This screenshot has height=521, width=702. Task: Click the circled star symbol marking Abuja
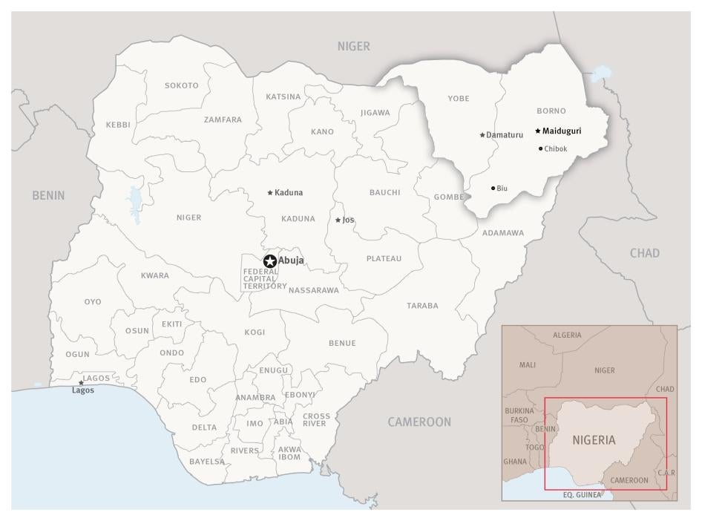pos(270,260)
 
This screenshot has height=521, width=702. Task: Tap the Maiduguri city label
pos(562,131)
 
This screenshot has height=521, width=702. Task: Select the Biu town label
pos(502,189)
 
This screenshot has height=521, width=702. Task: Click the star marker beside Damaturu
pos(482,135)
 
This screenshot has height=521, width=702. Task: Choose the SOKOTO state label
pos(182,85)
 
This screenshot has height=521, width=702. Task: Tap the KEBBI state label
pos(118,125)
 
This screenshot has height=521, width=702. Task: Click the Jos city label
pos(348,220)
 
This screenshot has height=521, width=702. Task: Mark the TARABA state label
pos(422,306)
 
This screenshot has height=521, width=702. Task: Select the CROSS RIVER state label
pos(316,419)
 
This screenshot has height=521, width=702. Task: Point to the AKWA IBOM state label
pos(289,453)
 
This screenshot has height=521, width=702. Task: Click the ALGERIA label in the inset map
pos(567,335)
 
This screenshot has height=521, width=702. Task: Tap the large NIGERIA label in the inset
pos(594,439)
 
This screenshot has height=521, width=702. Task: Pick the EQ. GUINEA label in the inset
pos(583,494)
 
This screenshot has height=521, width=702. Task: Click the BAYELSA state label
pos(207,462)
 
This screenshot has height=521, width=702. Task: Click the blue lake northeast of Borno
pos(603,73)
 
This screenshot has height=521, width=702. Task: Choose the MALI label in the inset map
pos(528,365)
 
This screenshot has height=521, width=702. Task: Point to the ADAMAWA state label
pos(502,233)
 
